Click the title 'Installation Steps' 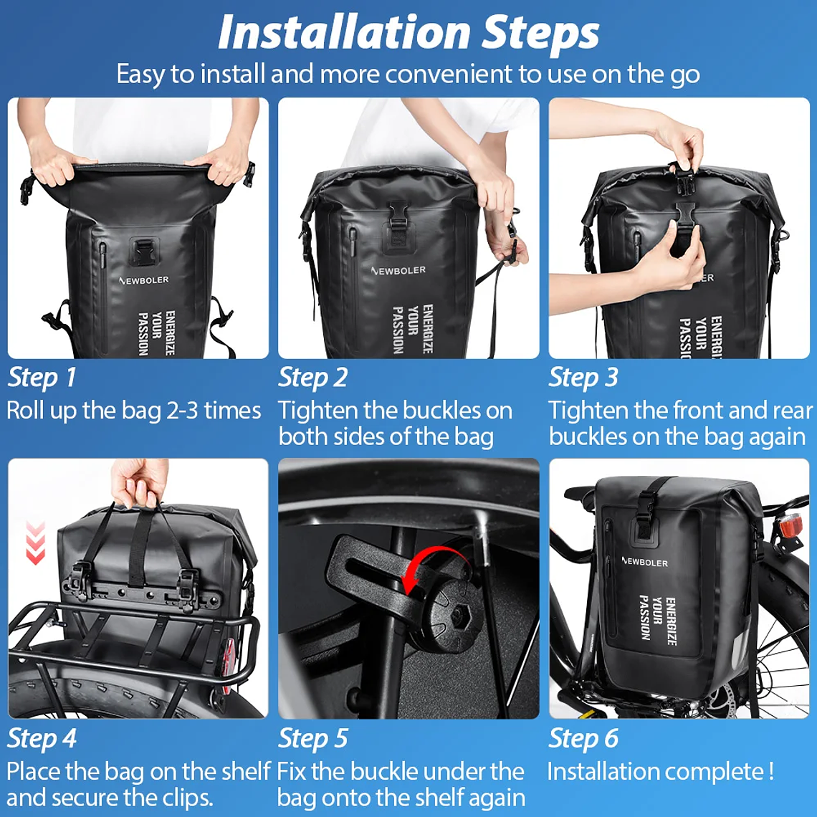point(408,33)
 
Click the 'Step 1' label point(42,378)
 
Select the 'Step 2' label point(312,378)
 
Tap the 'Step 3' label point(583,378)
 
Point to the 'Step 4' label point(42,739)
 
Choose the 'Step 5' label point(312,739)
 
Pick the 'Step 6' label point(583,739)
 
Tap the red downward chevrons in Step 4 point(35,543)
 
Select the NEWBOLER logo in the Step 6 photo point(644,561)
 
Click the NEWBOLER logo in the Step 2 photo point(398,271)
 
